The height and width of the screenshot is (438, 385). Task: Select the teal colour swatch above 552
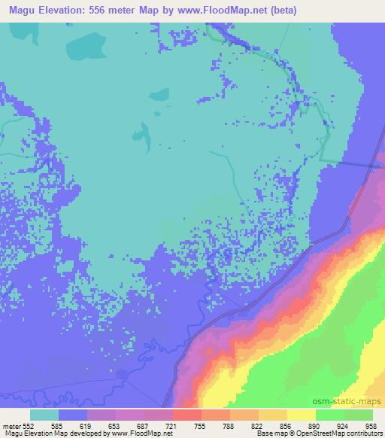point(44,415)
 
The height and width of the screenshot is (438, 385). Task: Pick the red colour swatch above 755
point(186,415)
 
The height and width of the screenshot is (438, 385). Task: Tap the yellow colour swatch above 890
point(301,415)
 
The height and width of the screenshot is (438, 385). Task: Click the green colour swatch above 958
point(358,415)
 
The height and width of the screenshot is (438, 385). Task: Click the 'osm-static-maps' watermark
point(350,400)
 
